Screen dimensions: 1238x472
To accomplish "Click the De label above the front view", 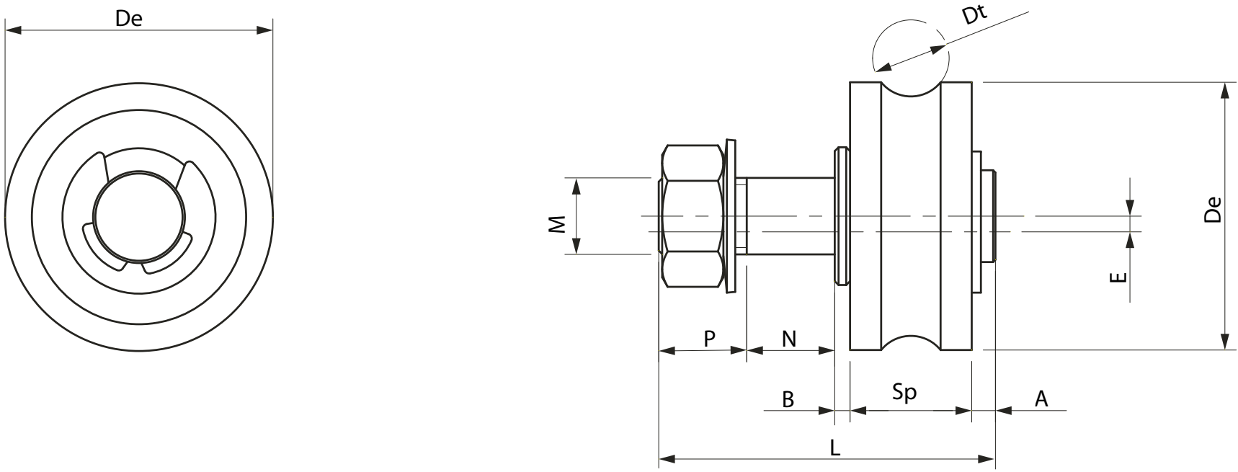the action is (x=130, y=19).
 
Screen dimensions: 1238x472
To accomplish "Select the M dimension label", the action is (x=556, y=226).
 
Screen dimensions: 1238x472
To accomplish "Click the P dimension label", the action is (x=710, y=338).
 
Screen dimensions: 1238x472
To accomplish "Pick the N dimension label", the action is (x=790, y=338).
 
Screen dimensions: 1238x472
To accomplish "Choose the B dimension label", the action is (x=788, y=399).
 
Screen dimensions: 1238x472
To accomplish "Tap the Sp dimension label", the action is (x=904, y=393).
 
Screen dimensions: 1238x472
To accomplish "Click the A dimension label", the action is (x=1041, y=398).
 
